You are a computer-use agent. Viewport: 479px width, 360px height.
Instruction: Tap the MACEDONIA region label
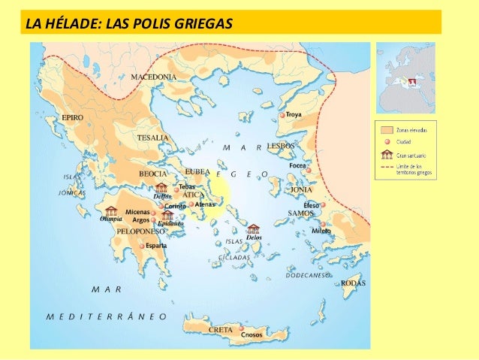point(154,77)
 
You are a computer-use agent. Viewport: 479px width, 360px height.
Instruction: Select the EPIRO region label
point(72,118)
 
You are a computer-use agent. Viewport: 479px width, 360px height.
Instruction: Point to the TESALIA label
point(152,138)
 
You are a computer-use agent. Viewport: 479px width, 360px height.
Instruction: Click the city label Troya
point(294,115)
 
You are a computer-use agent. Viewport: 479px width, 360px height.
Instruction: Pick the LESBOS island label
point(281,145)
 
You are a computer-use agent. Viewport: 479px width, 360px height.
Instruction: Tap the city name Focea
point(297,165)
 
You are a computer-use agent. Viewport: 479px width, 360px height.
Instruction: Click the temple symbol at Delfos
point(161,188)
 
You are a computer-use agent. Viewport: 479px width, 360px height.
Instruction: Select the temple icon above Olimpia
point(111,211)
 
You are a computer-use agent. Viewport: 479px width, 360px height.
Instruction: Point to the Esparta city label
point(156,246)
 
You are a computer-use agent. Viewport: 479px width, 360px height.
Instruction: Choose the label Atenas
point(205,204)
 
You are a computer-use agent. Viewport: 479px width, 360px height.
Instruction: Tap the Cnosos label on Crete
point(252,334)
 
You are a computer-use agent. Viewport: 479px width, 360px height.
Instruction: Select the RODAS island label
point(353,283)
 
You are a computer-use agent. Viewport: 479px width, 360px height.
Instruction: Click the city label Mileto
point(321,231)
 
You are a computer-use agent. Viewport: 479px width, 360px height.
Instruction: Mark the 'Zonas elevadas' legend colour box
point(387,130)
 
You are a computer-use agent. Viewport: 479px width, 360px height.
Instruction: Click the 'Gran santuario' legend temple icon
point(387,155)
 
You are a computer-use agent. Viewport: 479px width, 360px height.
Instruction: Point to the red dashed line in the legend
point(387,168)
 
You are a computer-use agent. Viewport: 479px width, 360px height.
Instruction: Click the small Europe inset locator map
point(405,77)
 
